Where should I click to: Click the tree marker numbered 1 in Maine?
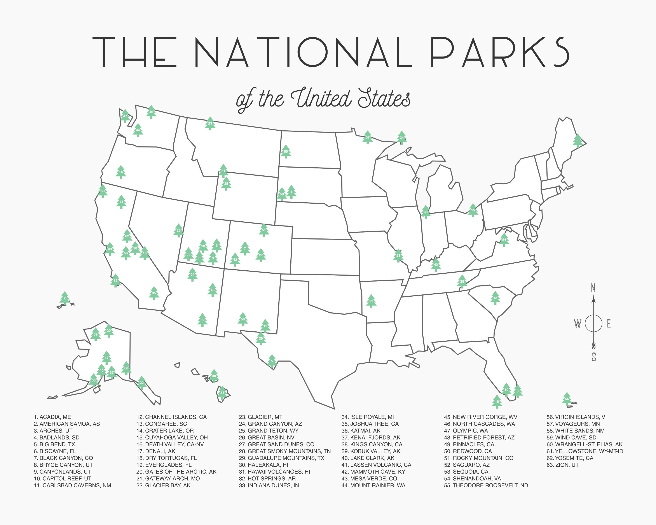pos(577,141)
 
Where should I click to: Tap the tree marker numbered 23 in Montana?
pos(210,124)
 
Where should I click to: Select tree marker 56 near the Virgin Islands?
pos(567,399)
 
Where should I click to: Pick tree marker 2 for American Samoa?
pos(65,298)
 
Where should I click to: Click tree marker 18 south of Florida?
pos(497,402)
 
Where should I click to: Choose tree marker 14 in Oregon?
pos(121,172)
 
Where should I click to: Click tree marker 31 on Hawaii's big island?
pos(222,393)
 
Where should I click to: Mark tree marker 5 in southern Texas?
pos(272,362)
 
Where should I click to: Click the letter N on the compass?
pos(593,288)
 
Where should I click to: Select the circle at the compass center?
pos(593,323)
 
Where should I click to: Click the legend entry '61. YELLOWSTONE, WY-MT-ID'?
pos(584,451)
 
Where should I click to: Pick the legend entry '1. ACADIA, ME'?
pos(52,417)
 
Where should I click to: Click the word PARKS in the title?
pos(499,52)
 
